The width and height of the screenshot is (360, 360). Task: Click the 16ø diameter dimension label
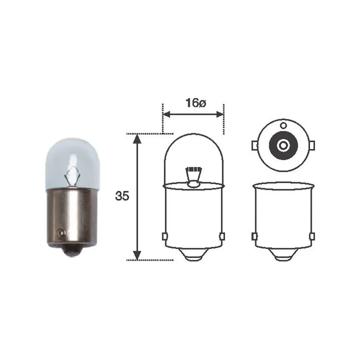coord(196,103)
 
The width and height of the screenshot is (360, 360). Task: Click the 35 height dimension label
coord(122,196)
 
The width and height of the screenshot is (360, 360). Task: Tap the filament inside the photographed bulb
coord(72,175)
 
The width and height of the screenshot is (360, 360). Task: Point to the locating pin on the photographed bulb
coord(61,233)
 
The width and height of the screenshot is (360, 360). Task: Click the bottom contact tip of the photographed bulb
coord(72,252)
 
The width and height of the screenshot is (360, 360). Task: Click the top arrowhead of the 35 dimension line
coord(137,139)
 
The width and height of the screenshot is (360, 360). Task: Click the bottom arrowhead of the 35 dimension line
coord(137,256)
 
